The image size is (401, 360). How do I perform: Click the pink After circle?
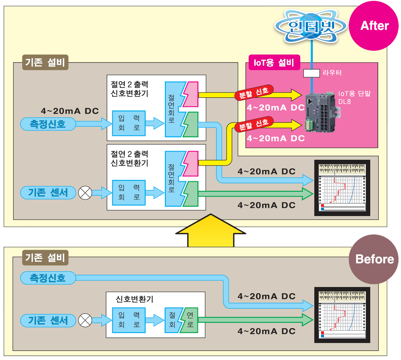374,26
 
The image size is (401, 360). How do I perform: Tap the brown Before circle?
374,259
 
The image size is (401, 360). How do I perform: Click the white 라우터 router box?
311,73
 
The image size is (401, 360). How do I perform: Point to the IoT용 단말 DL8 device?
321,112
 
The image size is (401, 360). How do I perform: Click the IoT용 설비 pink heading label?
274,62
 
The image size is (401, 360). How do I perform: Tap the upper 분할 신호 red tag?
254,93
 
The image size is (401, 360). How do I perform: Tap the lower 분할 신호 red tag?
254,124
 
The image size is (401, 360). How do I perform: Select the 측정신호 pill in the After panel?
48,124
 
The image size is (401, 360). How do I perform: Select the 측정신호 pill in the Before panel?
48,278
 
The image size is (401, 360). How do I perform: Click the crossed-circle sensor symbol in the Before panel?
85,320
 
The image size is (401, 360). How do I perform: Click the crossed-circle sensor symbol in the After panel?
85,193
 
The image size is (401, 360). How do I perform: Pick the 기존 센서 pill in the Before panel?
48,320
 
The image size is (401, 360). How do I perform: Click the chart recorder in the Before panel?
342,315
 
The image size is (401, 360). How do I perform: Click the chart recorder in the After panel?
342,188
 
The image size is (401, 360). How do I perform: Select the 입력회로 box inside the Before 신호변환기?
129,320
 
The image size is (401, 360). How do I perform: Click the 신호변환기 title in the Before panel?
134,299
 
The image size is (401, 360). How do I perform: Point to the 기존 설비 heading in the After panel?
45,62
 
